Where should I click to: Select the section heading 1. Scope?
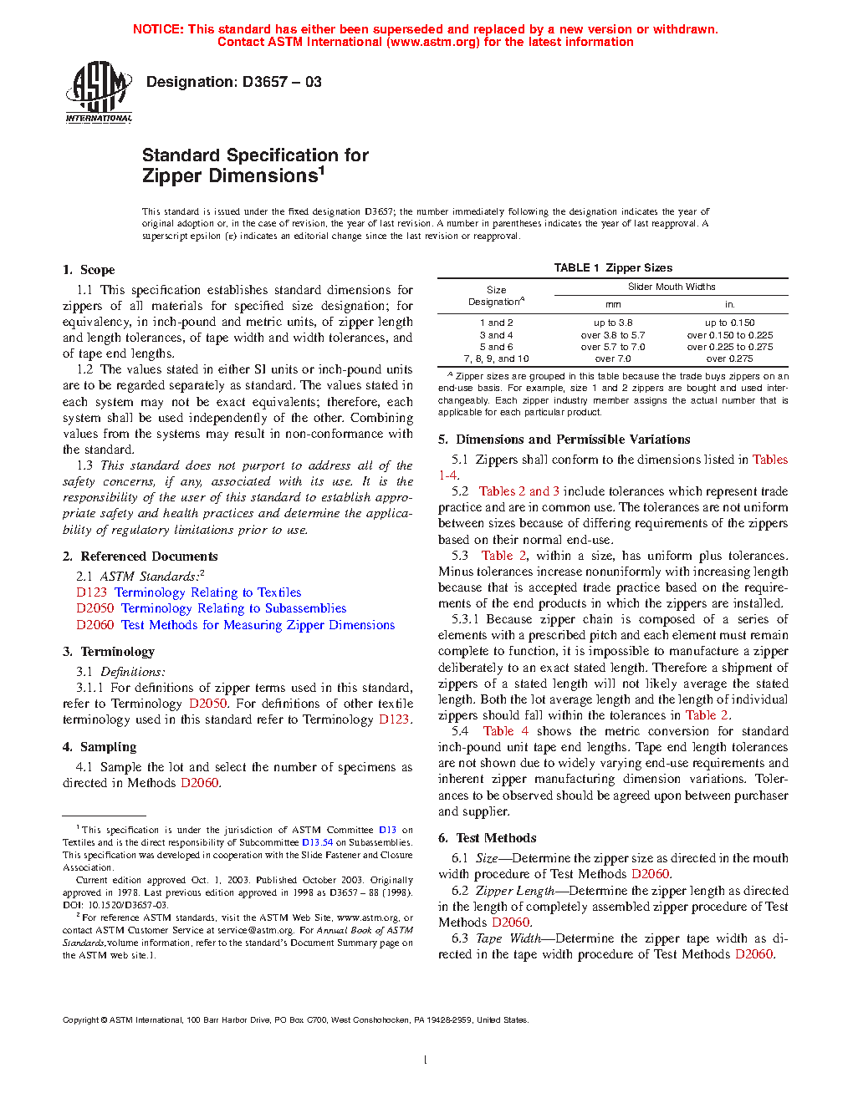89,270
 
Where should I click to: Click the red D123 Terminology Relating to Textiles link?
188,592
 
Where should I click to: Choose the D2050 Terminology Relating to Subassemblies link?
211,608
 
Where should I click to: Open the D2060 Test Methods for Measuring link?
235,625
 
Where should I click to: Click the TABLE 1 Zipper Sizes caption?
613,268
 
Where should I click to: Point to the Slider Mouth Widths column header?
672,287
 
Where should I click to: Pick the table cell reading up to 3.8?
613,323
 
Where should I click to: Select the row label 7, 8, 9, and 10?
496,358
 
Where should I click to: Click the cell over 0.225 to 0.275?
729,347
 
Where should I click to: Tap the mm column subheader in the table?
613,305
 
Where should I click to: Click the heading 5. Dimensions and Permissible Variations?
564,440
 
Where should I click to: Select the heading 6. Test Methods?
488,838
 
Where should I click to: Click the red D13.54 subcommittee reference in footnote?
317,842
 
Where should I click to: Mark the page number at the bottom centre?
426,1060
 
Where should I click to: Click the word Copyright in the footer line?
81,1019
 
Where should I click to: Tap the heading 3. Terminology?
109,652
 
